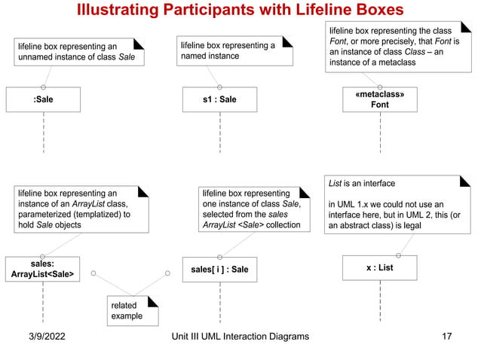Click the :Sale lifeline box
click(43, 99)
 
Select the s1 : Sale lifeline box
click(219, 99)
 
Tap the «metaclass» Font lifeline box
click(380, 99)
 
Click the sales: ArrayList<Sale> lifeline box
click(43, 269)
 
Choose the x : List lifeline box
click(380, 268)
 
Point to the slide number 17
click(446, 337)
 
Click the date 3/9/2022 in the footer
click(42, 337)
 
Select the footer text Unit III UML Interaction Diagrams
click(240, 337)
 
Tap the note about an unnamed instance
click(78, 51)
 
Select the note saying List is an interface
click(397, 204)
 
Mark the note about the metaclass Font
click(397, 47)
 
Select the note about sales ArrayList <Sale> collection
click(254, 209)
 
